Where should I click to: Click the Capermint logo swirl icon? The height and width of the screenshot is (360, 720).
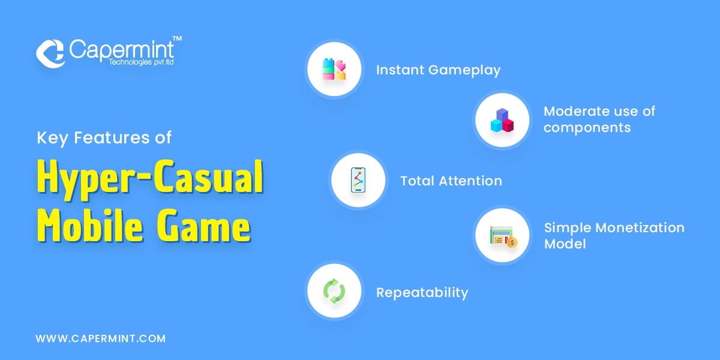pyautogui.click(x=50, y=53)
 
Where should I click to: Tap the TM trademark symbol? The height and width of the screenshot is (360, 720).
pyautogui.click(x=177, y=39)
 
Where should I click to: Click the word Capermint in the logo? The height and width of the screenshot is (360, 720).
pyautogui.click(x=121, y=50)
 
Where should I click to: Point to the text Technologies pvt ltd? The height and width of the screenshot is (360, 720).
pyautogui.click(x=141, y=62)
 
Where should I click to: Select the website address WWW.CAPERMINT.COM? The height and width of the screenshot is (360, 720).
pyautogui.click(x=101, y=338)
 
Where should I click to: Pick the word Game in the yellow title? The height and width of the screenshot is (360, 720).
pyautogui.click(x=203, y=226)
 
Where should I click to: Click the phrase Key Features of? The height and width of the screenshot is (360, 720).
pyautogui.click(x=104, y=138)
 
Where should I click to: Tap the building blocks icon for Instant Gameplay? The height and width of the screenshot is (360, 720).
pyautogui.click(x=334, y=69)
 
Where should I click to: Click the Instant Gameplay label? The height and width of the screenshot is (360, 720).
pyautogui.click(x=439, y=70)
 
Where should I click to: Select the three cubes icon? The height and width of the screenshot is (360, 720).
pyautogui.click(x=502, y=120)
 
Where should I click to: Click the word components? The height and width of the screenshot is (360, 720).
pyautogui.click(x=587, y=128)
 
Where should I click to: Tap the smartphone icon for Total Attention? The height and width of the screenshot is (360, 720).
pyautogui.click(x=358, y=180)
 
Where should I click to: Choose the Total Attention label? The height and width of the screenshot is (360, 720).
pyautogui.click(x=451, y=181)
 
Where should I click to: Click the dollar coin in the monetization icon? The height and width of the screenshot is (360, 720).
pyautogui.click(x=512, y=242)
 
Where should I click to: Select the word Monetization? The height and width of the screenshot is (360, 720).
pyautogui.click(x=640, y=228)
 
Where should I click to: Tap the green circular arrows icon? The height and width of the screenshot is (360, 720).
pyautogui.click(x=334, y=291)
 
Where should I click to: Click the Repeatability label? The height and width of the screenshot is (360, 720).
pyautogui.click(x=422, y=293)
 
